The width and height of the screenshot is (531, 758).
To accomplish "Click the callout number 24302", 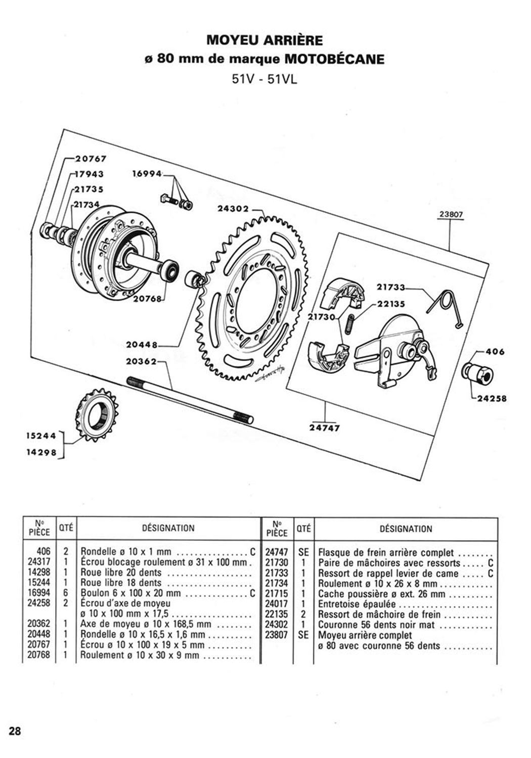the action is click(233, 209).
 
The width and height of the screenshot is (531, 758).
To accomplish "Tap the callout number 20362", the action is click(142, 362).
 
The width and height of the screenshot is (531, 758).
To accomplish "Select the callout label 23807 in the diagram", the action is click(451, 214).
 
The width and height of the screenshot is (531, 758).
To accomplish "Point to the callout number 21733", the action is click(391, 288).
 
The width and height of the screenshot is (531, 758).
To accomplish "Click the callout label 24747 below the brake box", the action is click(325, 428).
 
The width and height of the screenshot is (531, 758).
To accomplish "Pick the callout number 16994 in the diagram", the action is click(147, 174).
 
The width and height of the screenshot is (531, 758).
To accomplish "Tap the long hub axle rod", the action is click(190, 400).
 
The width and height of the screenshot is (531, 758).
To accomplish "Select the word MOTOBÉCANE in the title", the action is click(335, 59).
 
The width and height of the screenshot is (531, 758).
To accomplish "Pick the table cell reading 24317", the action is click(39, 562).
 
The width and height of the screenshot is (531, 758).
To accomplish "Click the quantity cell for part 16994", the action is click(66, 593).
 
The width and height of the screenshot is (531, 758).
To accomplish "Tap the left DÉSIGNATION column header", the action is click(168, 528).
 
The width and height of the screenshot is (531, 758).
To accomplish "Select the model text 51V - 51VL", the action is click(264, 79).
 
